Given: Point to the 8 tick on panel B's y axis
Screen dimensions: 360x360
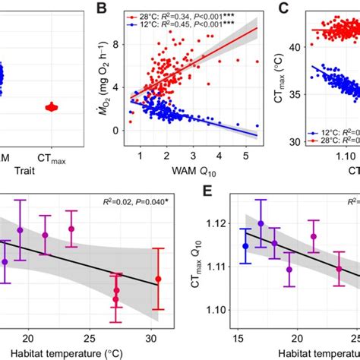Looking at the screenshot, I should (114, 44).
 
